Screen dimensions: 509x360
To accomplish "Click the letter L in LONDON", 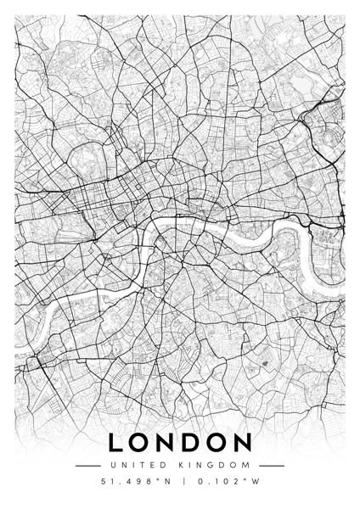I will click(116, 443).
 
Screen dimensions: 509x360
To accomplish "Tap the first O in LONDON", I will click(142, 443).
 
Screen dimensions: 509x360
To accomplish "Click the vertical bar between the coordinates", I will click(180, 483).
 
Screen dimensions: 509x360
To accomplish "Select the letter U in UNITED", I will click(113, 465).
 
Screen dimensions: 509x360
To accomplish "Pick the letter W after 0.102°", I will click(254, 483).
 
